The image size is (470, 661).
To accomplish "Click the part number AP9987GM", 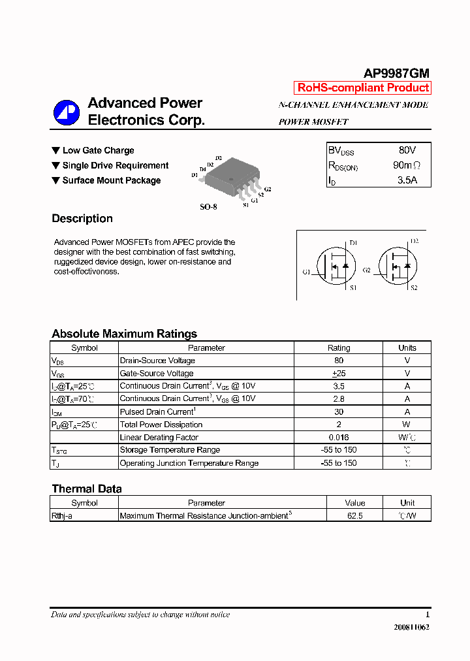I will pos(396,74).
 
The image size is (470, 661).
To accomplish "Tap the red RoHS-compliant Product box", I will pos(363,88).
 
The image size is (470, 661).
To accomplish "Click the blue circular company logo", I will pos(66,112).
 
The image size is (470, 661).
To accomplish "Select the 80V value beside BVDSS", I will pos(407,150).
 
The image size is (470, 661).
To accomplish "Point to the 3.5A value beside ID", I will pos(407,180).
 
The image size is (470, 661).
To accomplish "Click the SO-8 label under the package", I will pos(208,206).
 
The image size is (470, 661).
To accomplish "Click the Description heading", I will pos(82,219).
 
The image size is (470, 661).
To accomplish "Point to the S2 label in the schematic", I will pos(413,288).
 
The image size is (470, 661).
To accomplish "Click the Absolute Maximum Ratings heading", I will pos(124,334).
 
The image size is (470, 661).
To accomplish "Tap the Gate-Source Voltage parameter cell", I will pos(157,374).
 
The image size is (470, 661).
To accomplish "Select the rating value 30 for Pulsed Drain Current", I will pos(338,411).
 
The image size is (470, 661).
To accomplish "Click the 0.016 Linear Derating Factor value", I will pos(338,438).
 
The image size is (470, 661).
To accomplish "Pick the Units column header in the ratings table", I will pos(407,348).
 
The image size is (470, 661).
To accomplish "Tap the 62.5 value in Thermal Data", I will pos(354,516).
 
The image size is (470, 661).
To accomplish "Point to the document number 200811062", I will pos(411,628).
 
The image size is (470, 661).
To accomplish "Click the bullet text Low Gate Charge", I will pos(98,151).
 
